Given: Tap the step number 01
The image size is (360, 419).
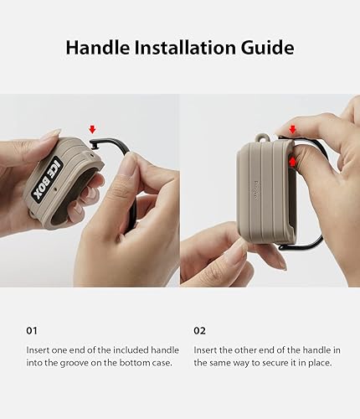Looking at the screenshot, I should tap(31, 331).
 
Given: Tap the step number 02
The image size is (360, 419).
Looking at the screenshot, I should tap(201, 331).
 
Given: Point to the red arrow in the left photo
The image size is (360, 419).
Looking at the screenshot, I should tap(92, 129).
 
